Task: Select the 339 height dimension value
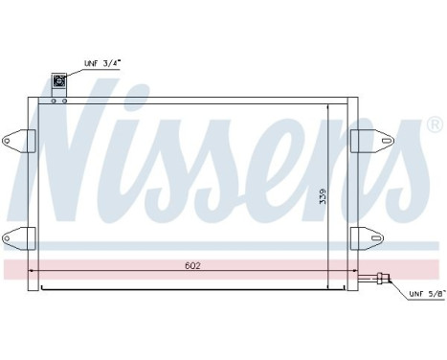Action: coord(324,196)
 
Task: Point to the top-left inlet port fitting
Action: coord(60,82)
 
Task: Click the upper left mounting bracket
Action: coord(17,141)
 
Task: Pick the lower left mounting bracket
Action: coord(17,236)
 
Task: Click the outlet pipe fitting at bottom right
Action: coord(383,280)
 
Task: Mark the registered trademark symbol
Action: coord(435,125)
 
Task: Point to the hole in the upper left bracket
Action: coord(9,142)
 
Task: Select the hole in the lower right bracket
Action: coord(376,236)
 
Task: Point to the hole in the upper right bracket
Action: coord(376,141)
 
